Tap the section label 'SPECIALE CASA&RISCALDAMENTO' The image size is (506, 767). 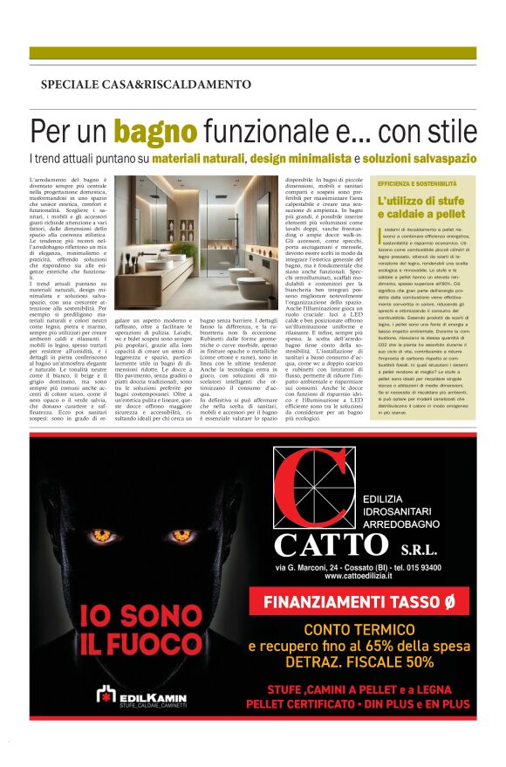(146, 85)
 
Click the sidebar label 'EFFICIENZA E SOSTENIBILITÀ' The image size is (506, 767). (417, 184)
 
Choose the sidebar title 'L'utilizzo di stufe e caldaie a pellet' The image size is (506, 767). (422, 208)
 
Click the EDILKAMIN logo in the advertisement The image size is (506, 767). (140, 695)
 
